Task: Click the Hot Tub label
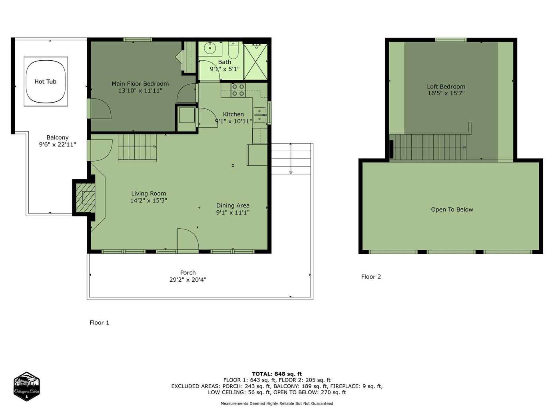(x=46, y=81)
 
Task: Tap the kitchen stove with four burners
(x=238, y=90)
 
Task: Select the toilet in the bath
(x=233, y=50)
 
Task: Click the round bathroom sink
(x=209, y=48)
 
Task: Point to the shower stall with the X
(x=255, y=61)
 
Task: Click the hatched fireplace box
(x=86, y=198)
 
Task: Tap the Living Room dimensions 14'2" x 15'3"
(x=149, y=200)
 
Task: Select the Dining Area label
(x=233, y=206)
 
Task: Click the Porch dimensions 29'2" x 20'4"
(x=188, y=279)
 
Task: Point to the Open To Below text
(x=452, y=209)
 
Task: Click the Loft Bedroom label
(x=446, y=87)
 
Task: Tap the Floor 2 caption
(x=371, y=277)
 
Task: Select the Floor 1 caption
(x=99, y=322)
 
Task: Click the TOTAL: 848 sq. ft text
(x=277, y=374)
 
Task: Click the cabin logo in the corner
(x=26, y=386)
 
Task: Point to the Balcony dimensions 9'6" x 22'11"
(x=58, y=144)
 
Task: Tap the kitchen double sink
(x=259, y=115)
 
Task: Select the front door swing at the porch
(x=188, y=239)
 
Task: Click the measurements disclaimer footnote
(x=277, y=403)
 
